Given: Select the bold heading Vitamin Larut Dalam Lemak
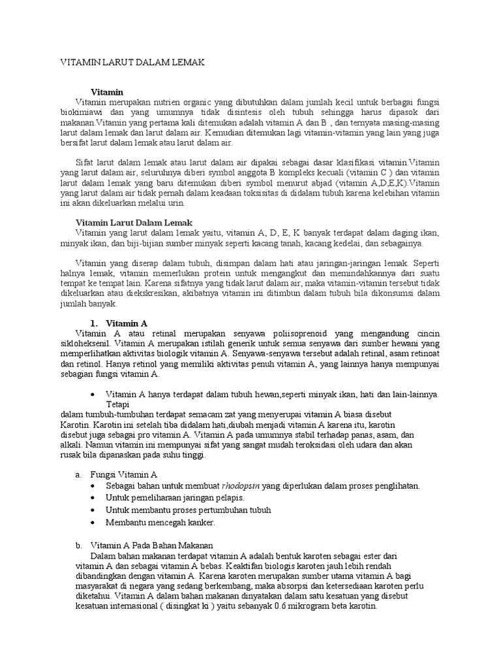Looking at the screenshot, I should (x=134, y=223).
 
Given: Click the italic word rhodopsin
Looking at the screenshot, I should (x=241, y=485).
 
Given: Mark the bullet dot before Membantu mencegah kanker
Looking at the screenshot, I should (x=95, y=523).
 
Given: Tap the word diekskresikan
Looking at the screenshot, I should (x=166, y=293).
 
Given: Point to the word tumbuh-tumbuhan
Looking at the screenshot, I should (x=121, y=414).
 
